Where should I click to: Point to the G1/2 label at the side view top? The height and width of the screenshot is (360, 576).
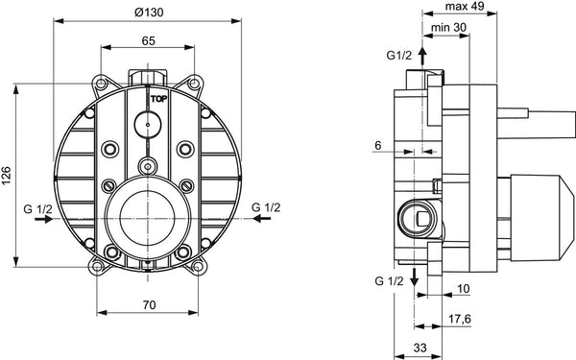pyautogui.click(x=399, y=56)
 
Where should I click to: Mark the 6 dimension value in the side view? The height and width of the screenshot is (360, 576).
pyautogui.click(x=380, y=144)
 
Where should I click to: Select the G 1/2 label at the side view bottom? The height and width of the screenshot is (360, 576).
pyautogui.click(x=389, y=279)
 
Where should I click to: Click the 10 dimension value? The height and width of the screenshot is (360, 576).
pyautogui.click(x=462, y=288)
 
